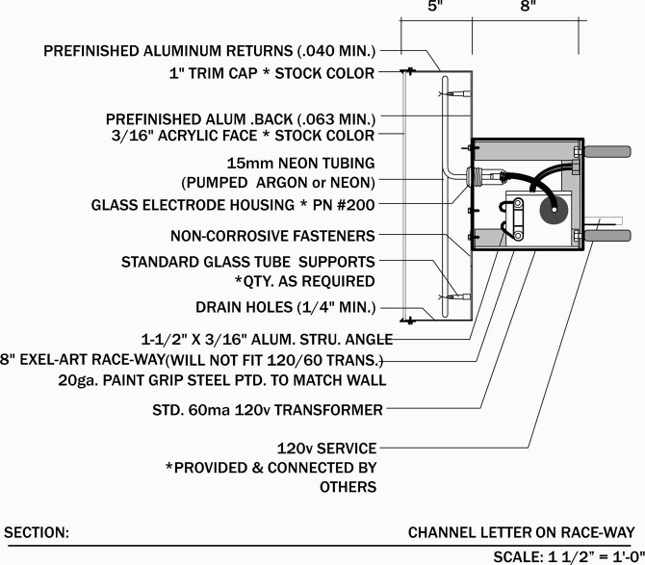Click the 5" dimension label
435,6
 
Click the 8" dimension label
527,6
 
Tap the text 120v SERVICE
326,449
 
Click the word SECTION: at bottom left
37,532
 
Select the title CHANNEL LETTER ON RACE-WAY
521,532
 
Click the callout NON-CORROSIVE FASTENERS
272,235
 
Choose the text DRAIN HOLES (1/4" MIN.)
285,308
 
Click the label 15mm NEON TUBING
300,163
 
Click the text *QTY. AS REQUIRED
304,281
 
